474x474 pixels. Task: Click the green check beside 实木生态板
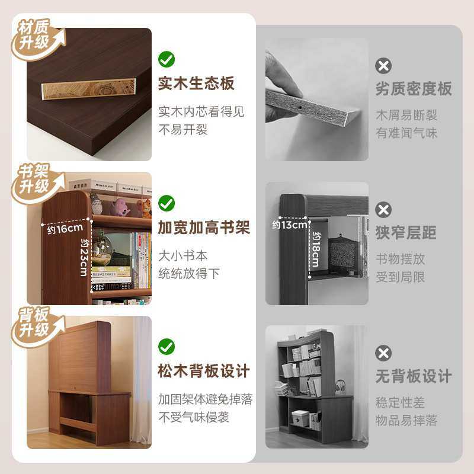pos(166,59)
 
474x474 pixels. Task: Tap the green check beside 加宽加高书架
pos(166,204)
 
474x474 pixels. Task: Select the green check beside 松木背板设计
pos(166,347)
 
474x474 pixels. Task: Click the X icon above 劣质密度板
pos(384,65)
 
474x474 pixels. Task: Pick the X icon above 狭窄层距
pos(384,209)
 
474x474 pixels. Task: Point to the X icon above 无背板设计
pos(384,353)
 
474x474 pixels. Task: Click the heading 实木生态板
pos(196,84)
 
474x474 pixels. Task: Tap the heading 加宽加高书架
pos(204,228)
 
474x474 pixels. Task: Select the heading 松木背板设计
pos(204,371)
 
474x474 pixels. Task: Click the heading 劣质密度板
pos(414,89)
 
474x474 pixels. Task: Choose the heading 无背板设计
pos(414,376)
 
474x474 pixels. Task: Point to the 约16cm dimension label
pos(65,229)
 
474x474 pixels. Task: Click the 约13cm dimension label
pos(290,225)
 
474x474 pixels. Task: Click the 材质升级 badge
pos(36,37)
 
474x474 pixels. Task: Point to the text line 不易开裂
pos(183,130)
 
